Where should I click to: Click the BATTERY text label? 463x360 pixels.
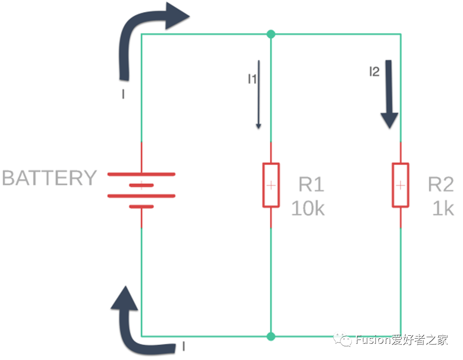tap(49, 178)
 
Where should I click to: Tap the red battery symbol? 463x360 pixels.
tap(141, 190)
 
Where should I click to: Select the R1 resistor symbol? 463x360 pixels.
tap(271, 185)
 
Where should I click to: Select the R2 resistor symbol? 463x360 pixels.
tap(400, 185)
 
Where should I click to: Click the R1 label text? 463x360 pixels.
tap(311, 184)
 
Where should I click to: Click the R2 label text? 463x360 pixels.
tap(441, 184)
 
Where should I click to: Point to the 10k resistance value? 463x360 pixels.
tap(308, 208)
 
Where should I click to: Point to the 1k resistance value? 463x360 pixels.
tap(443, 208)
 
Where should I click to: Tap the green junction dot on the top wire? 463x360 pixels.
tap(271, 34)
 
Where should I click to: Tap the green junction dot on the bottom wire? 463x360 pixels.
tap(271, 336)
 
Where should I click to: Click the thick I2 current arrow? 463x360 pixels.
tap(390, 95)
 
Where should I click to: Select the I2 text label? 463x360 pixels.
tap(374, 72)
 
